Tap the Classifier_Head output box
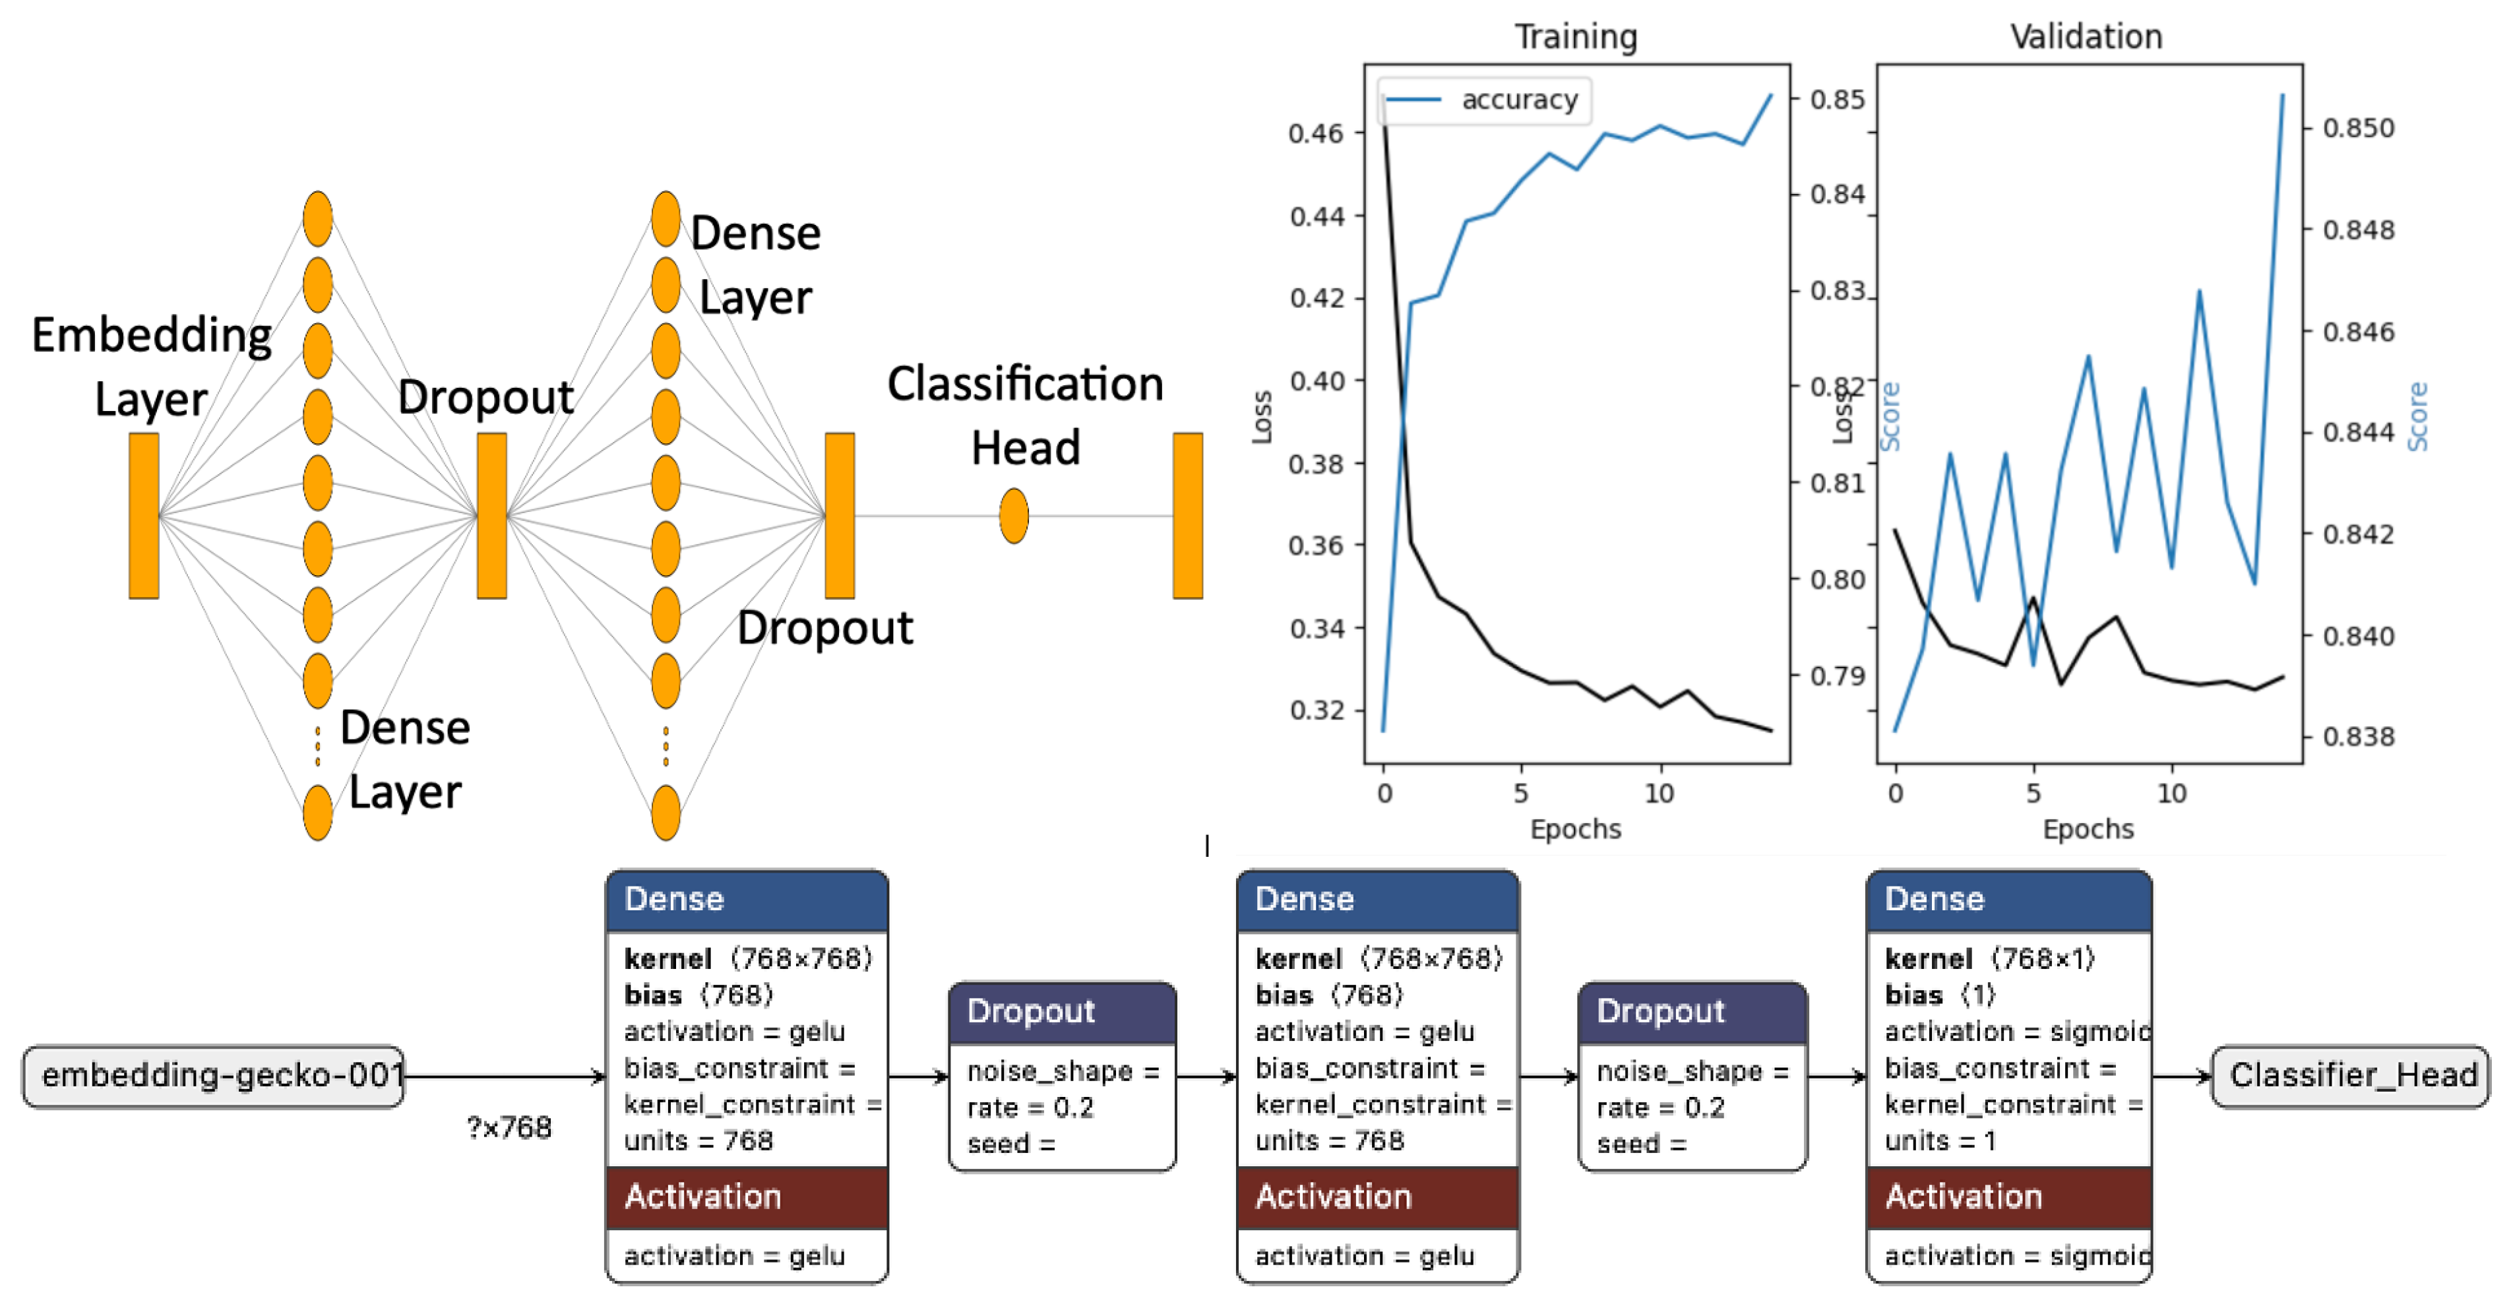(x=2351, y=1075)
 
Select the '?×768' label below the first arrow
(x=509, y=1127)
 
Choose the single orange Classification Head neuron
(x=1014, y=515)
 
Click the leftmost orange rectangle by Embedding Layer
(x=143, y=515)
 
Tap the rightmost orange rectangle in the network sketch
(x=1187, y=515)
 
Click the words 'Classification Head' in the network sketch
(x=1024, y=414)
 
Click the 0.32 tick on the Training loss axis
(x=1317, y=710)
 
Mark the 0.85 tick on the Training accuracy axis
(x=1836, y=100)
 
